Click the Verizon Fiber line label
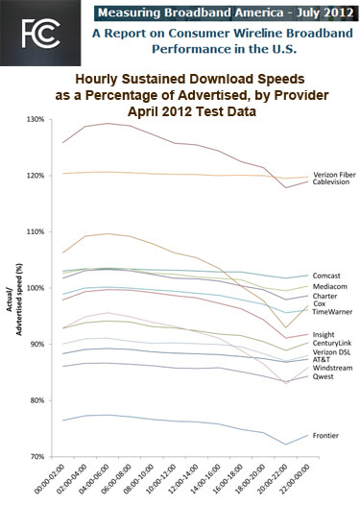[331, 172]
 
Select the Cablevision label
[331, 181]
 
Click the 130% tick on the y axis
[43, 120]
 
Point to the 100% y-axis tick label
[43, 288]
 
